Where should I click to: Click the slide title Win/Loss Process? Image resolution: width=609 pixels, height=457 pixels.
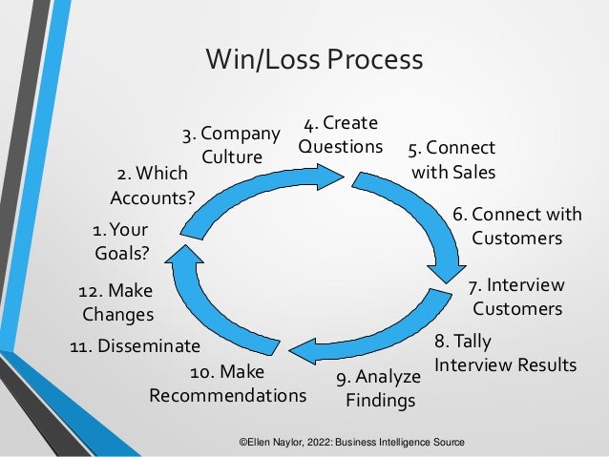(x=314, y=60)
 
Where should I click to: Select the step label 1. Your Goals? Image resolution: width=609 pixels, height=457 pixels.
(x=121, y=242)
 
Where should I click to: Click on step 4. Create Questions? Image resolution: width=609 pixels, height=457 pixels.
(x=340, y=135)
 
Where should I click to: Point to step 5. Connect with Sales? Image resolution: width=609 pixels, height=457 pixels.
(x=452, y=161)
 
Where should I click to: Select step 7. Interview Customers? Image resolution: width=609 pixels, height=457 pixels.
(x=516, y=297)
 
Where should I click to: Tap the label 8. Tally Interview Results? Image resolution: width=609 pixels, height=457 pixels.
(x=505, y=353)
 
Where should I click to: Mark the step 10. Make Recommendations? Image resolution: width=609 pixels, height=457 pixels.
(x=227, y=383)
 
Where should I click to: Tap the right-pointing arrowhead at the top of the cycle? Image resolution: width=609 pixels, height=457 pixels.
(x=330, y=176)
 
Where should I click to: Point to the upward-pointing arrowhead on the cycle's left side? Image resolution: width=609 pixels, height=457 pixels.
(x=182, y=253)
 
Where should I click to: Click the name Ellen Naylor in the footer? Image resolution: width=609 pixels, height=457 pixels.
(x=281, y=444)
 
